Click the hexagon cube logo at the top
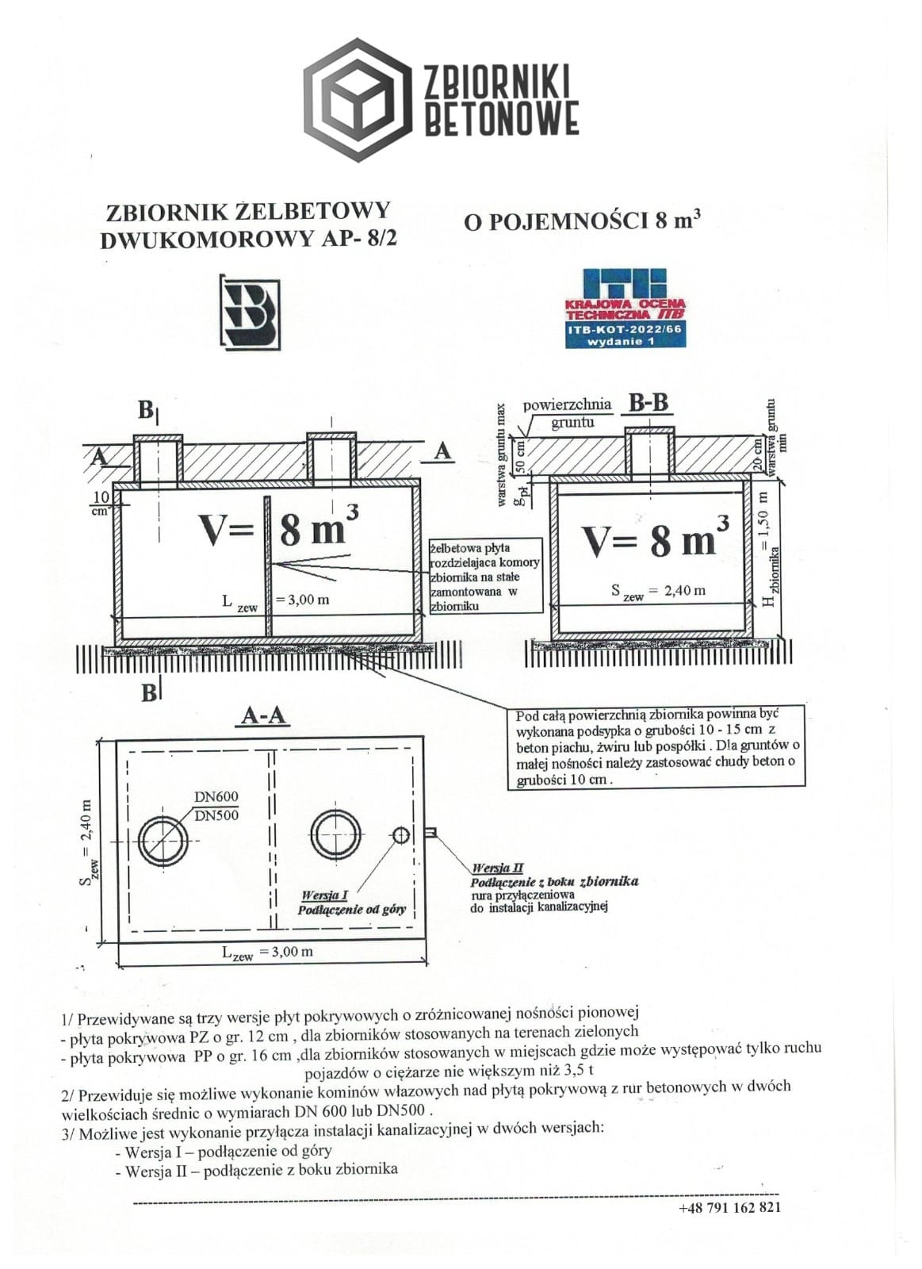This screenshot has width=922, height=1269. (358, 100)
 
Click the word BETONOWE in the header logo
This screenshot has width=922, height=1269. (502, 118)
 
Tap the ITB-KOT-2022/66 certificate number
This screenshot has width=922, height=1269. (625, 328)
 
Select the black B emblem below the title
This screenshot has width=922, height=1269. (250, 312)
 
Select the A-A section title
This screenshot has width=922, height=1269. (263, 716)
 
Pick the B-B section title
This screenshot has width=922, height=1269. (648, 403)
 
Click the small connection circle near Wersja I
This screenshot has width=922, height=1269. (401, 834)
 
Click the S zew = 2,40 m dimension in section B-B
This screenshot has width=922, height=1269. (658, 592)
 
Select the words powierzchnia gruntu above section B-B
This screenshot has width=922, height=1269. (568, 413)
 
